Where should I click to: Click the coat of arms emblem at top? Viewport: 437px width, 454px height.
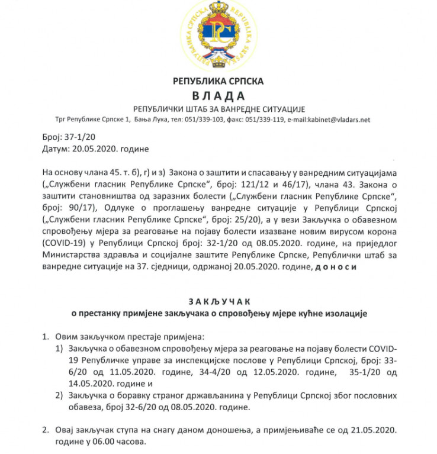pyautogui.click(x=218, y=34)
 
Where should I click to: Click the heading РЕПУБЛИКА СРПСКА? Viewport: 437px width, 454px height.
pyautogui.click(x=218, y=81)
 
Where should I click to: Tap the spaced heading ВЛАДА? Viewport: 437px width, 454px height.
pyautogui.click(x=218, y=96)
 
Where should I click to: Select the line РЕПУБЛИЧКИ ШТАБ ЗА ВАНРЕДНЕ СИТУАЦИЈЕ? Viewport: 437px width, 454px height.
pyautogui.click(x=218, y=109)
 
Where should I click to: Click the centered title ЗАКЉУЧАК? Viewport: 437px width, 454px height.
pyautogui.click(x=218, y=302)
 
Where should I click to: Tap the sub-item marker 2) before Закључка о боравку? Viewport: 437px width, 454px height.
pyautogui.click(x=59, y=395)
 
